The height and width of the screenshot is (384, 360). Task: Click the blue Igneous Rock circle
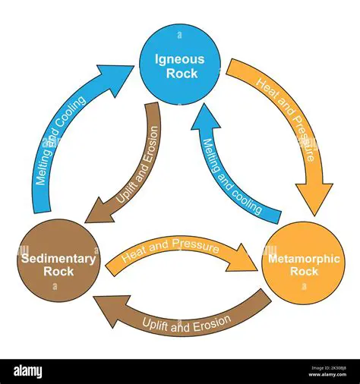(180, 58)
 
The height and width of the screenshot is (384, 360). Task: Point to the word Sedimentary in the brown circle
(58, 259)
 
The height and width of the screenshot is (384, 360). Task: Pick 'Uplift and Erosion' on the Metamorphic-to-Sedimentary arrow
(186, 322)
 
